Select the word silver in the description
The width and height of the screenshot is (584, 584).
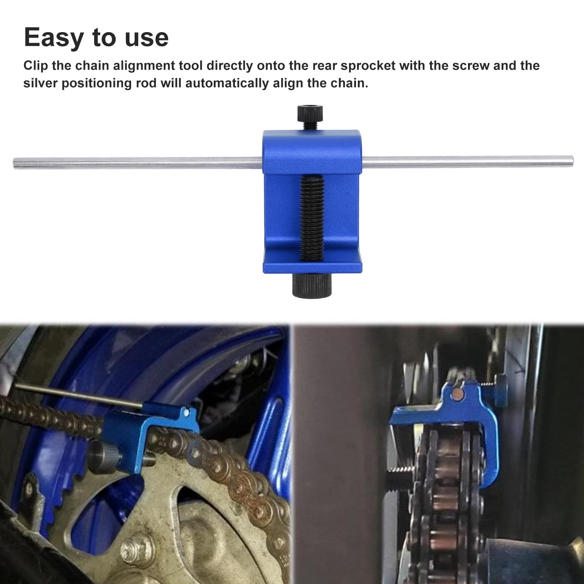tap(40, 83)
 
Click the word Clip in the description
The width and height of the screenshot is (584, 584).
tap(35, 66)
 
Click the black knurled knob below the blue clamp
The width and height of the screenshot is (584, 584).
tap(312, 285)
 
